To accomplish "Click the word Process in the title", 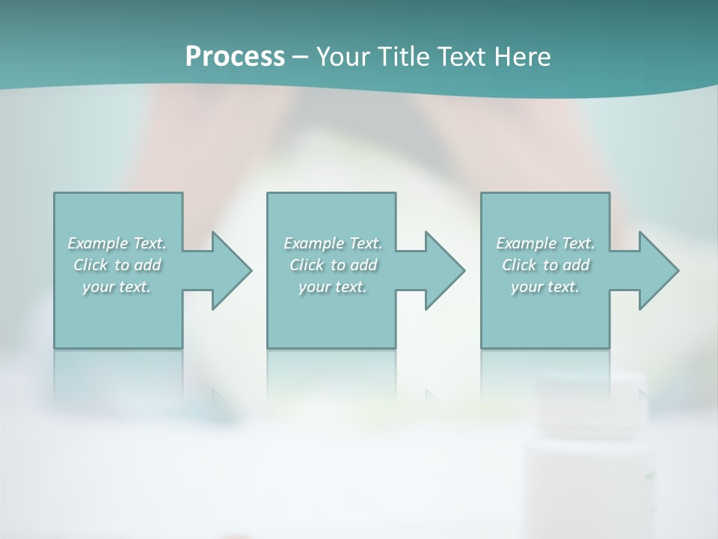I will pos(235,57).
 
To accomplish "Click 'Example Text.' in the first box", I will pos(117,243).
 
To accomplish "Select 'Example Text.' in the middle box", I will pos(332,243).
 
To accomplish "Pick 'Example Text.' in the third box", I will pos(545,243).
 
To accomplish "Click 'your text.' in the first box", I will pos(117,287).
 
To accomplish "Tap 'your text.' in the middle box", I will pos(332,287).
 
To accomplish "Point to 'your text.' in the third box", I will pos(545,287).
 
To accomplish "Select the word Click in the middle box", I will pos(307,265).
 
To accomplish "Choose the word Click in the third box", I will pos(519,265).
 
